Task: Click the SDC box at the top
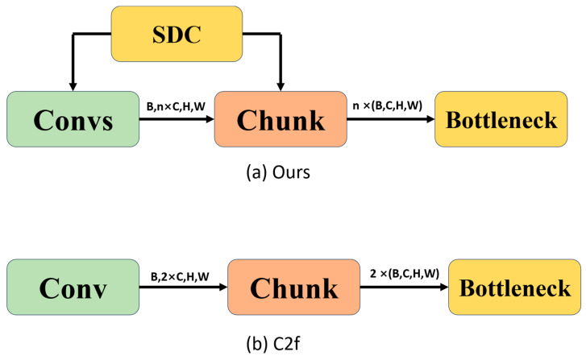coord(177,34)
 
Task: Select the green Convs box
coord(72,119)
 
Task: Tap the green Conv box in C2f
coord(72,288)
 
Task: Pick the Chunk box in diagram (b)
coord(293,288)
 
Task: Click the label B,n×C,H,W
coord(175,106)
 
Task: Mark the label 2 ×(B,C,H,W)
coord(404,275)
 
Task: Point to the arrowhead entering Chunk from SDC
coord(279,85)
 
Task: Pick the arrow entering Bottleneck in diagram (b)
coord(403,288)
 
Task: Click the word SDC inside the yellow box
coord(177,34)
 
